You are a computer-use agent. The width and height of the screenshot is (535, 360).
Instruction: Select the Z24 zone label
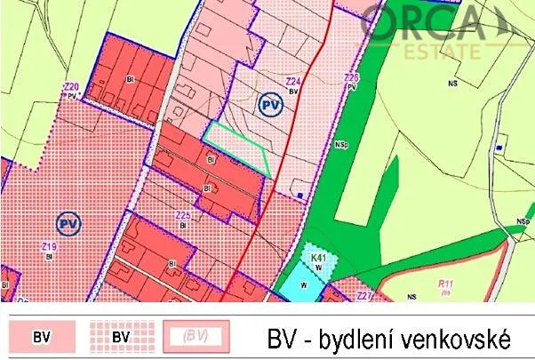(x=291, y=83)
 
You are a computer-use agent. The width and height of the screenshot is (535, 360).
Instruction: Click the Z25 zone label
(x=183, y=216)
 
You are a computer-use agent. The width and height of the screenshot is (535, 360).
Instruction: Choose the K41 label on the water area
(x=319, y=258)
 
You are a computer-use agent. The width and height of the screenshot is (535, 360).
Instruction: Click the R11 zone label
(x=445, y=284)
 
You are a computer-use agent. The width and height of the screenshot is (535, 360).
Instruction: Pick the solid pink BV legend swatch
(x=42, y=337)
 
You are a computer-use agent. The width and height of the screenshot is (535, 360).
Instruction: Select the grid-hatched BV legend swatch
(x=122, y=337)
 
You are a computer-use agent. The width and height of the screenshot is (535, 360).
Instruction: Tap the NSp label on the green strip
(x=341, y=142)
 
